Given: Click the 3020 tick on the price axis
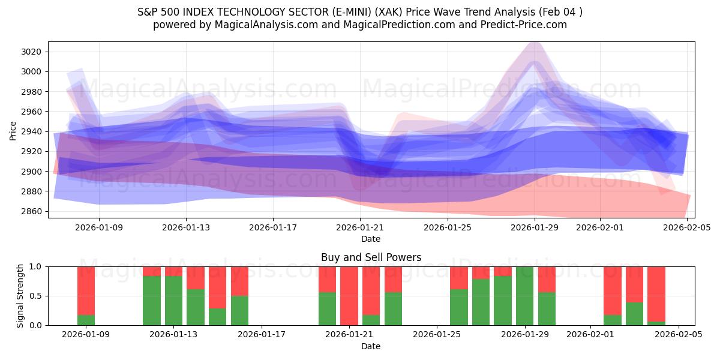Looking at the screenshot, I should [x=31, y=52].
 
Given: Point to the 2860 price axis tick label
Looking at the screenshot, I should [x=31, y=211].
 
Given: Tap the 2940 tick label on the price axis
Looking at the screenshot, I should [x=31, y=131].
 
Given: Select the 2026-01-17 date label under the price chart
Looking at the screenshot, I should [x=273, y=228].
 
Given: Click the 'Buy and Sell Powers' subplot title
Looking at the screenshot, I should [x=371, y=257].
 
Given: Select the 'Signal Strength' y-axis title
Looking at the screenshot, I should [x=20, y=296].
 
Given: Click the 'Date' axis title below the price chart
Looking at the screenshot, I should [x=371, y=239].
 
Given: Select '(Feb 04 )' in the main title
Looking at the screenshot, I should [x=560, y=12].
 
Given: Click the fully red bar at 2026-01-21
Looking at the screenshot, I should [x=349, y=296].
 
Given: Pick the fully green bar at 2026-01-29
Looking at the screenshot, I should [x=525, y=296].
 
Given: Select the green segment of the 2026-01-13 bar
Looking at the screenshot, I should [x=174, y=301].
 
